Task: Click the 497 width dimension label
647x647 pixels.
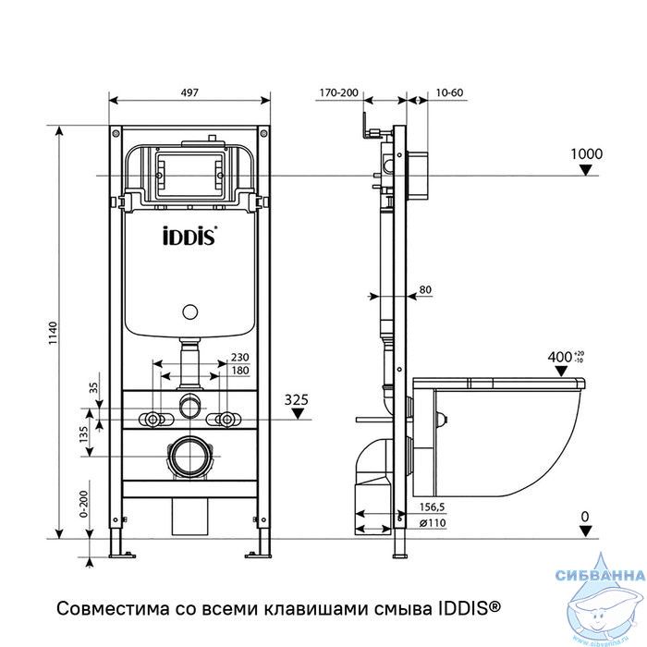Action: pyautogui.click(x=189, y=92)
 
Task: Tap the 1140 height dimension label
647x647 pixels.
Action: pyautogui.click(x=53, y=334)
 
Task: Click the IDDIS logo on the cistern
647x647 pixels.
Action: pyautogui.click(x=189, y=236)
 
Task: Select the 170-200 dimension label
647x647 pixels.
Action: pyautogui.click(x=339, y=92)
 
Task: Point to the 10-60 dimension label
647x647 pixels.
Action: pyautogui.click(x=449, y=92)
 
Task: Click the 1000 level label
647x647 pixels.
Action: pyautogui.click(x=586, y=154)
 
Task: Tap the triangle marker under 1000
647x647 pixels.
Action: pyautogui.click(x=585, y=169)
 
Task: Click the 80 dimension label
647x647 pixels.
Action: pyautogui.click(x=425, y=289)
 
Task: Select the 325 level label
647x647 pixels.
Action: pyautogui.click(x=297, y=400)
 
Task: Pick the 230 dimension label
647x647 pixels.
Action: pyautogui.click(x=240, y=357)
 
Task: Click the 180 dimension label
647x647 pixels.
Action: pyautogui.click(x=240, y=371)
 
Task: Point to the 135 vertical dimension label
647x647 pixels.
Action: pyautogui.click(x=83, y=434)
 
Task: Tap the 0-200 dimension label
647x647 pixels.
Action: pyautogui.click(x=84, y=504)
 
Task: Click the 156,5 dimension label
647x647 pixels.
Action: pyautogui.click(x=432, y=507)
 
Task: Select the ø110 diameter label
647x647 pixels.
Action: pyautogui.click(x=433, y=523)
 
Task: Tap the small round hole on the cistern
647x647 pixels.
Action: pyautogui.click(x=190, y=312)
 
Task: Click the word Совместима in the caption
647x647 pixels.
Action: pyautogui.click(x=113, y=608)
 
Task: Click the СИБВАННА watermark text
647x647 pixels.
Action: pyautogui.click(x=600, y=575)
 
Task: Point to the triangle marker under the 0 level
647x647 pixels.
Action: pyautogui.click(x=585, y=531)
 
